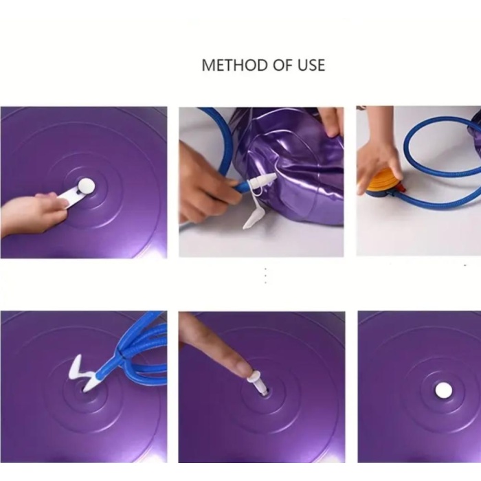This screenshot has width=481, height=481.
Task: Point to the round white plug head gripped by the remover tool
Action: tap(86, 186)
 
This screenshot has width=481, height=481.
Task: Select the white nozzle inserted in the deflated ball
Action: tap(262, 182)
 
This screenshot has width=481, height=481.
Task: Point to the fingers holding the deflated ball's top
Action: tap(331, 121)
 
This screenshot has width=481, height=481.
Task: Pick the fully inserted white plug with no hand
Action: tap(444, 390)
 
